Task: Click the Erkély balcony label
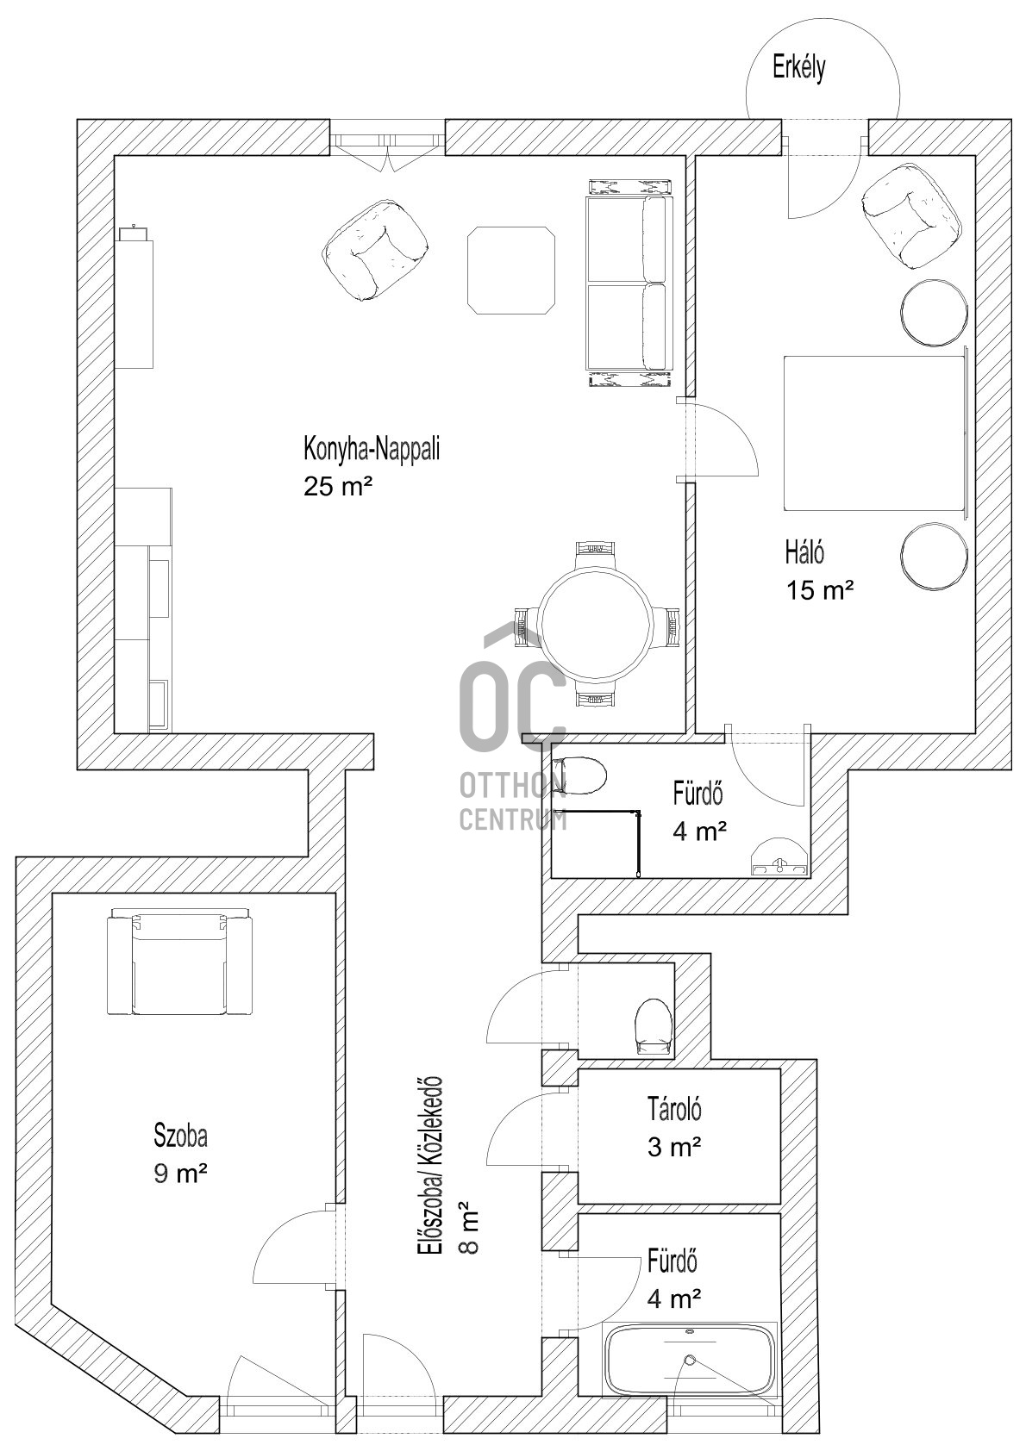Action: pos(798,69)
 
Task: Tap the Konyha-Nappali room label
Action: pos(372,449)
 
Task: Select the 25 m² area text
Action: pos(338,486)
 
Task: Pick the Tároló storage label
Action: pos(674,1110)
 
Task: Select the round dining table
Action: pos(596,624)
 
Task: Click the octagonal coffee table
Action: pos(511,270)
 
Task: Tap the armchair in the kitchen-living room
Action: pos(376,251)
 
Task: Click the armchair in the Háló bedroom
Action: pos(911,216)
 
